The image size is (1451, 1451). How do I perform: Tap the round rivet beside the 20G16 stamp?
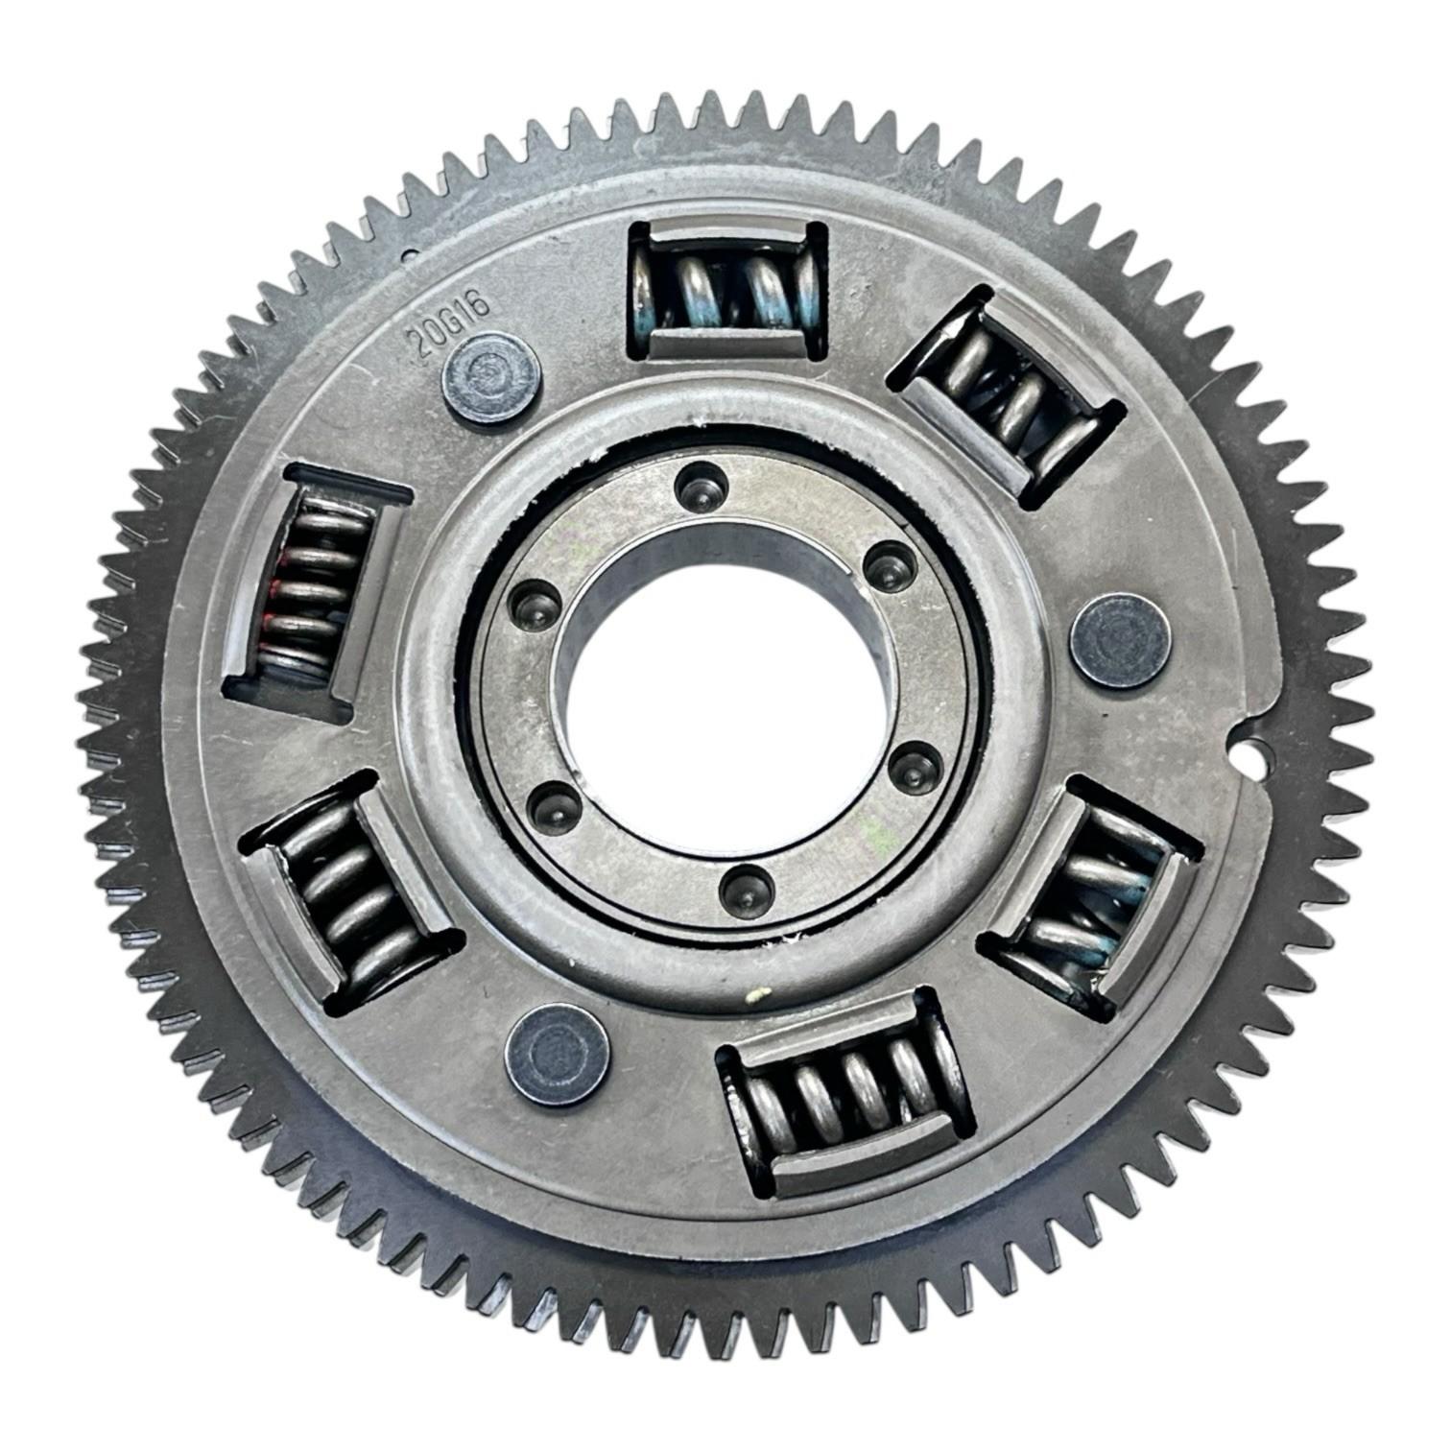point(490,377)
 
